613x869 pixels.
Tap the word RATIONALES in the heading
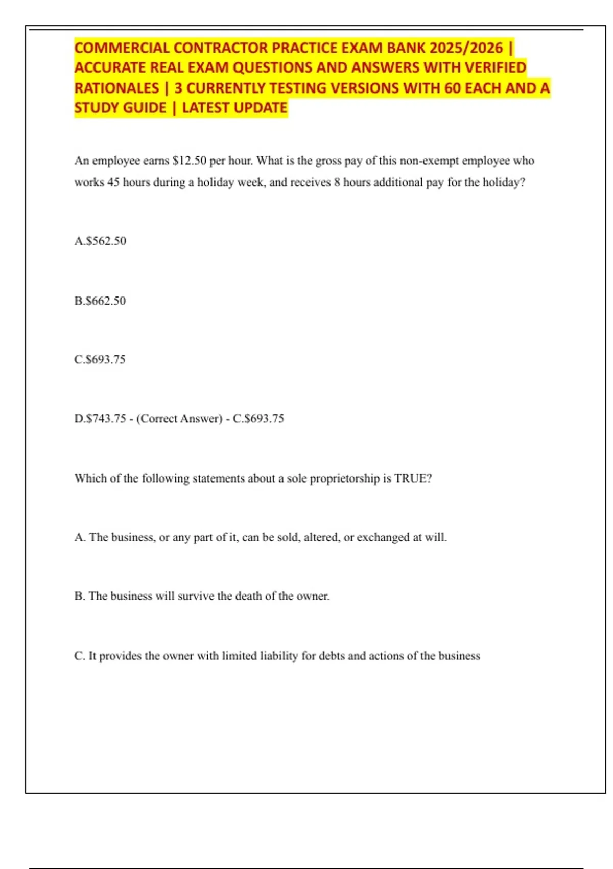pyautogui.click(x=116, y=88)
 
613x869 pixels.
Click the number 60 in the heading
pyautogui.click(x=452, y=88)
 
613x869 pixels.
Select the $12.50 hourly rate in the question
pyautogui.click(x=190, y=161)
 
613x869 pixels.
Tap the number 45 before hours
pyautogui.click(x=113, y=182)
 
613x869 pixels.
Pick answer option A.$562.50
pyautogui.click(x=100, y=241)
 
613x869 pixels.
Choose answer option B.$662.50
pyautogui.click(x=100, y=301)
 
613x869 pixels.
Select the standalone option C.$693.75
pyautogui.click(x=100, y=359)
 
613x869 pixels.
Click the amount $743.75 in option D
pyautogui.click(x=106, y=418)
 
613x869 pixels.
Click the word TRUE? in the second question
pyautogui.click(x=413, y=478)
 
